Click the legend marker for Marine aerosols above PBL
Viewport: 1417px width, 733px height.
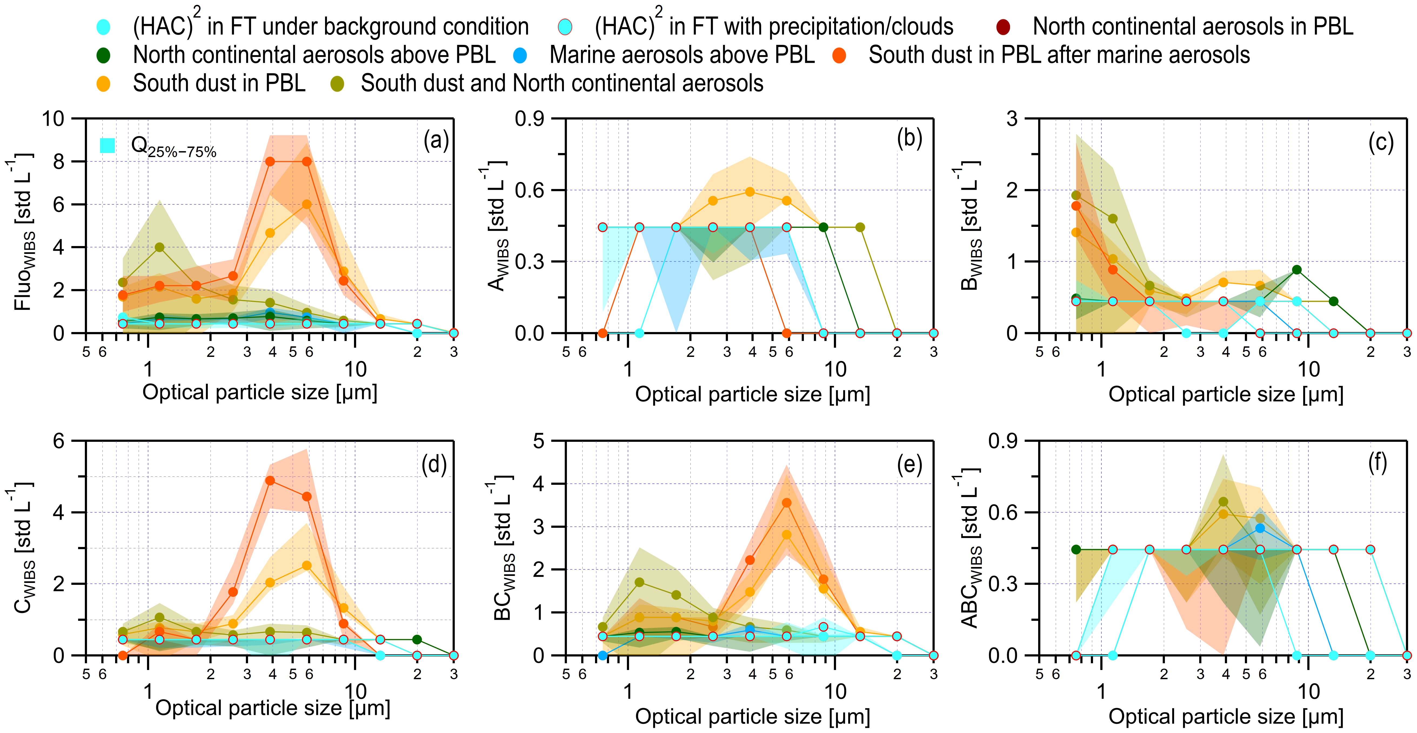519,55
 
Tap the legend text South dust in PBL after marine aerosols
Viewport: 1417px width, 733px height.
1059,55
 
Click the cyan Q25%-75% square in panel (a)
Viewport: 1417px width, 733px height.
107,145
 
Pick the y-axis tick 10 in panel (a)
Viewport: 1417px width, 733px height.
53,118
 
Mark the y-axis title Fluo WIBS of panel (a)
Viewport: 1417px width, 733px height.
23,231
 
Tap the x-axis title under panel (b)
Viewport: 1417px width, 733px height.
753,394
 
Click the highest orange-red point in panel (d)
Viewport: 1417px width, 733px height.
270,480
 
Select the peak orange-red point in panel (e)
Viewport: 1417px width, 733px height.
787,502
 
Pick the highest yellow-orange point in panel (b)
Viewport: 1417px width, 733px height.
750,191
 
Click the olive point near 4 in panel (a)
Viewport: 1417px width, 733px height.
159,247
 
